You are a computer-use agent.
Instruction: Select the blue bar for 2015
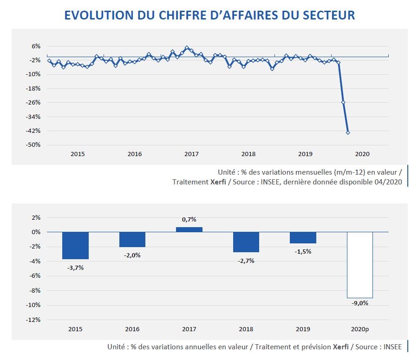[x=75, y=245]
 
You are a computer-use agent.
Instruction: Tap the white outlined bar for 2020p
[x=360, y=265]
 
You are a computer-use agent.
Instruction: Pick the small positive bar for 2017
[x=189, y=229]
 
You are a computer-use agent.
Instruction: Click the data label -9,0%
[x=360, y=303]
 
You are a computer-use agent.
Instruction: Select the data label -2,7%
[x=246, y=261]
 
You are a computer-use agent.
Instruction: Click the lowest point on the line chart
[x=348, y=133]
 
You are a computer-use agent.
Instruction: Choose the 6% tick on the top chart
[x=36, y=46]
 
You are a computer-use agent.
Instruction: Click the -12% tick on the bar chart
[x=34, y=320]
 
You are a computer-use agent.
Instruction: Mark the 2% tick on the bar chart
[x=36, y=217]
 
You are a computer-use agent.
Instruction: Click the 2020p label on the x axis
[x=360, y=329]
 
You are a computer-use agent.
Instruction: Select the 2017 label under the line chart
[x=191, y=154]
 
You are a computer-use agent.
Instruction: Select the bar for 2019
[x=303, y=237]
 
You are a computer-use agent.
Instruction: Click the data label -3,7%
[x=75, y=267]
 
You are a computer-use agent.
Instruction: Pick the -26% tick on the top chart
[x=34, y=103]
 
